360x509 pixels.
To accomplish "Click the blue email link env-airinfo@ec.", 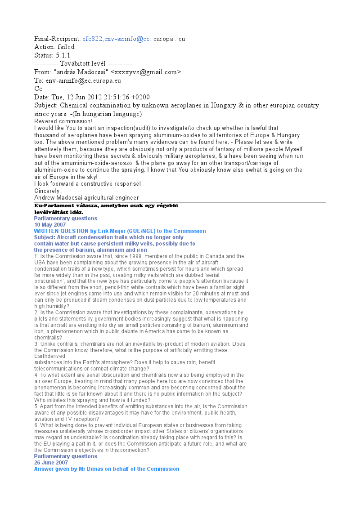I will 128,39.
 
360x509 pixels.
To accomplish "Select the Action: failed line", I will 54,47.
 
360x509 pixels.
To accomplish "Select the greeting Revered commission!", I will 63,121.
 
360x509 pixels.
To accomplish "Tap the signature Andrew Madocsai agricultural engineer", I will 86,198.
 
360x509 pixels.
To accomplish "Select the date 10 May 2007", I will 50,224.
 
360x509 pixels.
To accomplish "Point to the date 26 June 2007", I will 51,462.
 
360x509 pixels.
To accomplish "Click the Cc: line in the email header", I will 39,89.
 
